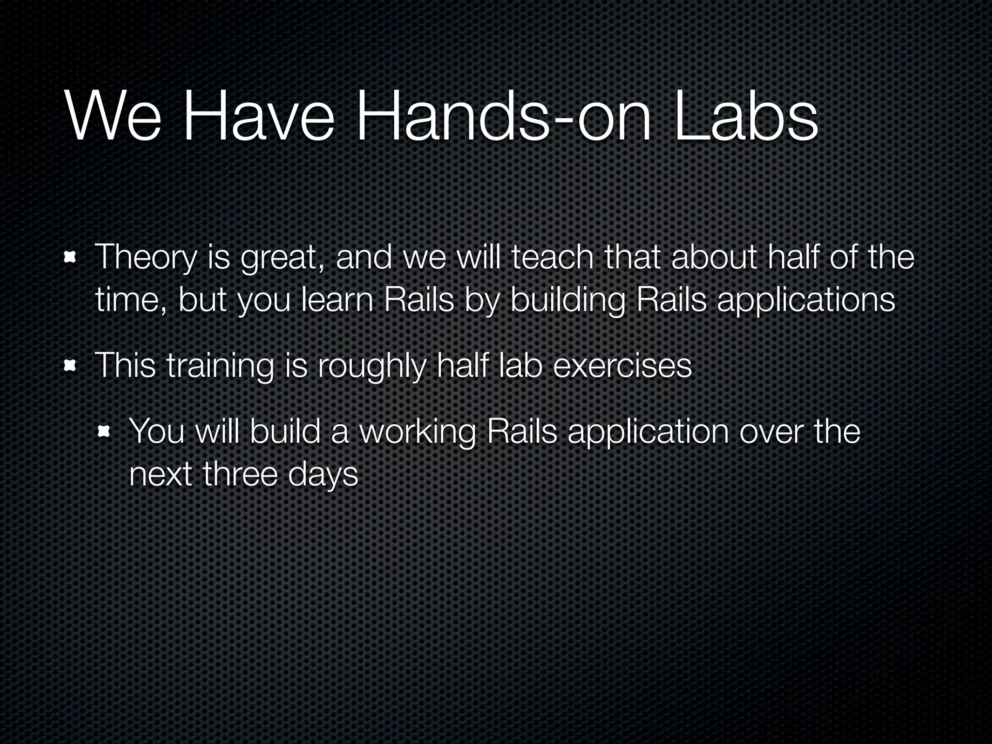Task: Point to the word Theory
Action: [146, 258]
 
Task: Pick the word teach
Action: [552, 257]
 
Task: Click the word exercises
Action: [622, 366]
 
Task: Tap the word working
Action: [418, 432]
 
